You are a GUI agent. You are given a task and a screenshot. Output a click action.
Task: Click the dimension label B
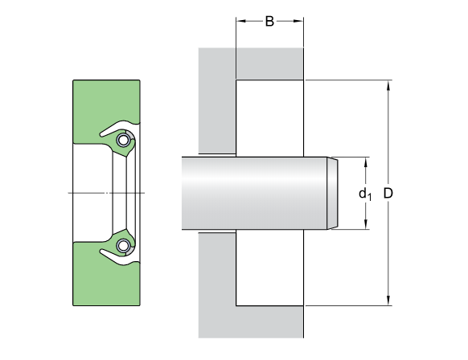[269, 21]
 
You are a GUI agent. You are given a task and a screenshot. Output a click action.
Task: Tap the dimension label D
[388, 194]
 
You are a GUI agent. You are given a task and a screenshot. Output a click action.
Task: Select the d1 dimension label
[365, 194]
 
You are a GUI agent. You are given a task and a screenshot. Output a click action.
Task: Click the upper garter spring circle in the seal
[122, 140]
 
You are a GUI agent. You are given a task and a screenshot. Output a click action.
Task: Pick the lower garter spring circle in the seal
[122, 245]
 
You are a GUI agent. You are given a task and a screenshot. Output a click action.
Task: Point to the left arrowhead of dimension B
[240, 21]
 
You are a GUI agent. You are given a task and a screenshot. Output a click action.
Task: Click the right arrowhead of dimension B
[299, 21]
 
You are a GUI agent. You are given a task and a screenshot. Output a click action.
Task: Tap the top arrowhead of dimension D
[388, 85]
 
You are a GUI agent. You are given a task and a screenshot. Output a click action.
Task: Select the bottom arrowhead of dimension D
[388, 301]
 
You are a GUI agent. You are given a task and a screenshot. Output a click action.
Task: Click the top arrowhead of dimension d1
[366, 162]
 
